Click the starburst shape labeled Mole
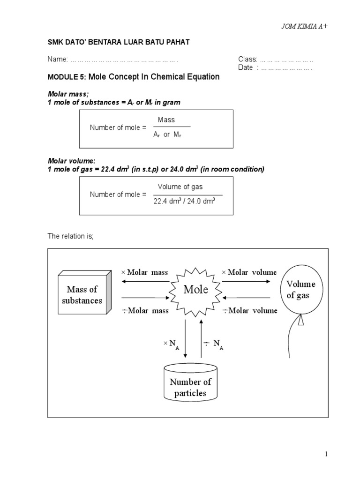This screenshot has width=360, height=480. pos(195,290)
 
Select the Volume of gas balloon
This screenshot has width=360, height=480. pos(300,290)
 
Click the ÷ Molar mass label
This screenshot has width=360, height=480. pos(145,310)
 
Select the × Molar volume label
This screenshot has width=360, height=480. pos(249,272)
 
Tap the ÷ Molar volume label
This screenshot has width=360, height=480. pos(250,310)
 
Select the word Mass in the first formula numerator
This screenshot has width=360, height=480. pos(166,120)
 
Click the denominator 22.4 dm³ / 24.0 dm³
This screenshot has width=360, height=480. pos(184,202)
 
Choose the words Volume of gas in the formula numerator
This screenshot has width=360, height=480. pos(180,187)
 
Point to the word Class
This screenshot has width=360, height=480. pos(247,59)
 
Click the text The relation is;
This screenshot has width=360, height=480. pos(71,236)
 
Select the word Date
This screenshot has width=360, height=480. pos(246,67)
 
